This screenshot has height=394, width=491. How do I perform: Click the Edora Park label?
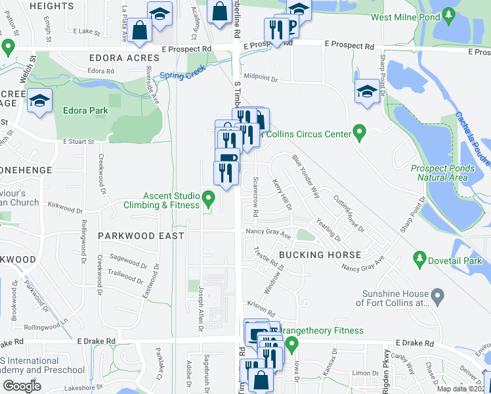85,110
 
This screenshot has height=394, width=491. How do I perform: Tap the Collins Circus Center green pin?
358,134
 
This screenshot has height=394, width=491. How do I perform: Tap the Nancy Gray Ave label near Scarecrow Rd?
268,233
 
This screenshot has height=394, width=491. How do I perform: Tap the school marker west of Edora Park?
40,102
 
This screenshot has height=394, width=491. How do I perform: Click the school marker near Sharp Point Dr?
367,91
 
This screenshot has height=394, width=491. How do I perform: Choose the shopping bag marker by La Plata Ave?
140,30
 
